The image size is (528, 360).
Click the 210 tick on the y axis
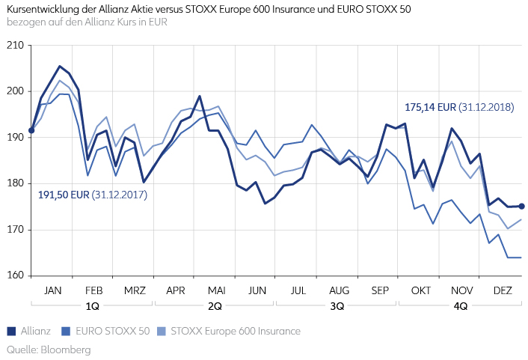[x=14, y=46]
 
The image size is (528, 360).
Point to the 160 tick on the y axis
[x=14, y=276]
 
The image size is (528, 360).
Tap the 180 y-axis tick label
[x=14, y=184]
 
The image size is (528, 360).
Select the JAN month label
[x=52, y=290]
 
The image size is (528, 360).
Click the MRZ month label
[x=135, y=290]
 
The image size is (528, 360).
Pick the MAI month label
[x=216, y=290]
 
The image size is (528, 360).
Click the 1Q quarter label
[x=93, y=306]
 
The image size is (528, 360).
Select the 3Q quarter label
[x=337, y=306]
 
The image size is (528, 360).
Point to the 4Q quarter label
[x=460, y=306]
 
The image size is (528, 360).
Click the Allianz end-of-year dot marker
[x=521, y=207]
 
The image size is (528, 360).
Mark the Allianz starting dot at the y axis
[x=31, y=130]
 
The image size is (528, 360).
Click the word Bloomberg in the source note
[x=65, y=350]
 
